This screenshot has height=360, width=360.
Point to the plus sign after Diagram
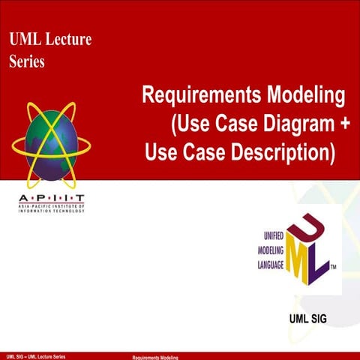(x=343, y=124)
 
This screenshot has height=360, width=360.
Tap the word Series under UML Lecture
(x=26, y=61)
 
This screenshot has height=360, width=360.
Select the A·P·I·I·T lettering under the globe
(x=51, y=196)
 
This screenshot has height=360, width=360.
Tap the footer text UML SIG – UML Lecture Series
(x=36, y=355)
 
